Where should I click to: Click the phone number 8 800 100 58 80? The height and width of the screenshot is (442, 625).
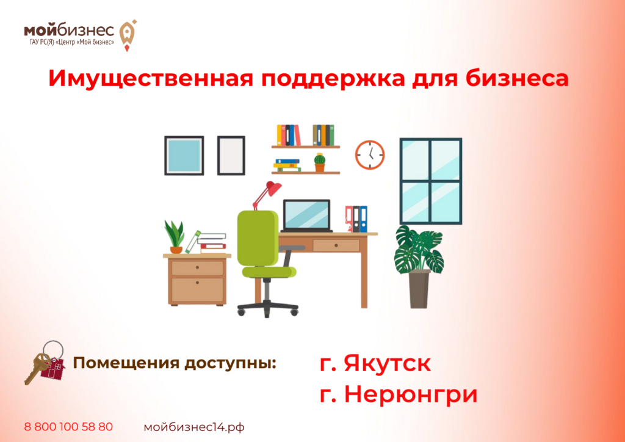point(68,427)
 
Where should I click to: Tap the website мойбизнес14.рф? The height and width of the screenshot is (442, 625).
point(194,427)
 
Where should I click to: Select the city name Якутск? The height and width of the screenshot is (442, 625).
point(387,363)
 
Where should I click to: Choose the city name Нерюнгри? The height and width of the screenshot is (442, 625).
point(411,394)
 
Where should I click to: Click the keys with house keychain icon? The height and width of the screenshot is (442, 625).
point(45,363)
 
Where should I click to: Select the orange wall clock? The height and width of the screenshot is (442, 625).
point(370,154)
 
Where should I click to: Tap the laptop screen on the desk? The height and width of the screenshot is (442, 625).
point(306,215)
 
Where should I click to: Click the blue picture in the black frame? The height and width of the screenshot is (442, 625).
point(184,156)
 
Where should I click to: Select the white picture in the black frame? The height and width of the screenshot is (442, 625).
point(231,156)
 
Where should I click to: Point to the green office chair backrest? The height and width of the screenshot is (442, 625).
point(258,237)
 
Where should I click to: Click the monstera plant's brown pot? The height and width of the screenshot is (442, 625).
point(420,289)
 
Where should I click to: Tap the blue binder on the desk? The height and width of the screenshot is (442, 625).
point(363,219)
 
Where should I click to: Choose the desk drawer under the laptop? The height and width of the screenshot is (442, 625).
point(336,245)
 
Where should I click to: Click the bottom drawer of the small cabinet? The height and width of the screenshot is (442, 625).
point(197,290)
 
